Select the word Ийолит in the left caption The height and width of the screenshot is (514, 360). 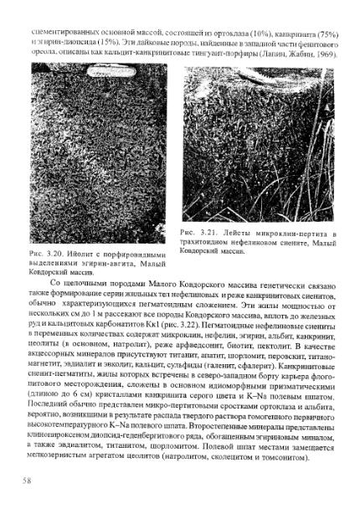click(x=82, y=250)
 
